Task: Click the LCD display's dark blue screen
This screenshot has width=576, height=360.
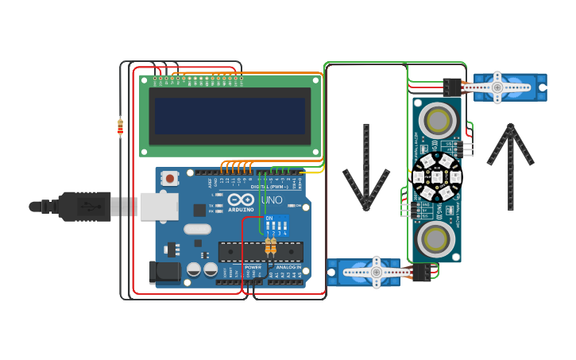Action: tap(230, 116)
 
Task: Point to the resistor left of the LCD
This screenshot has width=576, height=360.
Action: tap(120, 126)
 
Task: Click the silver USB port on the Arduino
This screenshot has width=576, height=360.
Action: tap(158, 206)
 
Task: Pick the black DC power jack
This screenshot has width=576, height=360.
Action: tap(164, 272)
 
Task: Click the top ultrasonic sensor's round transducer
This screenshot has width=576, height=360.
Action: tap(437, 120)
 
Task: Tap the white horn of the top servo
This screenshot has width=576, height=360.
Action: tap(498, 87)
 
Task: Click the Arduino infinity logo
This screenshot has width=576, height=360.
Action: tap(241, 199)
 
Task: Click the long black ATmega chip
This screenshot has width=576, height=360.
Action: tap(260, 251)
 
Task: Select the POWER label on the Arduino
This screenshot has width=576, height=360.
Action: tap(253, 267)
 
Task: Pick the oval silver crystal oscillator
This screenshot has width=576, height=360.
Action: tap(196, 230)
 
